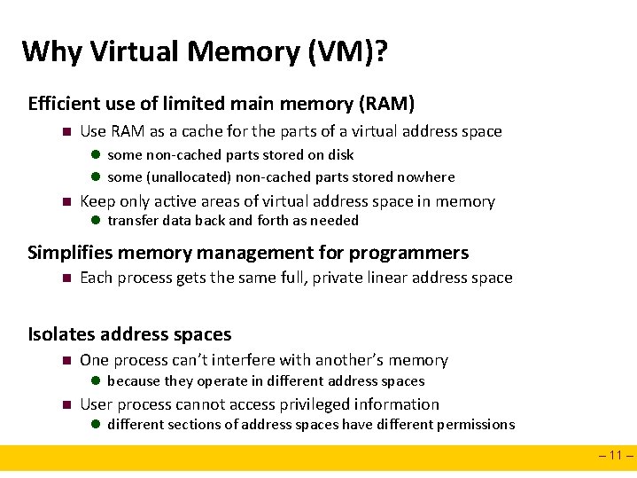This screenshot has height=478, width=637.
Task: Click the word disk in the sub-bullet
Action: click(341, 154)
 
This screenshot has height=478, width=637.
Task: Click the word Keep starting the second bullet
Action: click(97, 201)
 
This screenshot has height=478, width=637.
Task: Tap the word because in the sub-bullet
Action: click(134, 381)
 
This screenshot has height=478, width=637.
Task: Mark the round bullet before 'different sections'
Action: click(97, 425)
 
